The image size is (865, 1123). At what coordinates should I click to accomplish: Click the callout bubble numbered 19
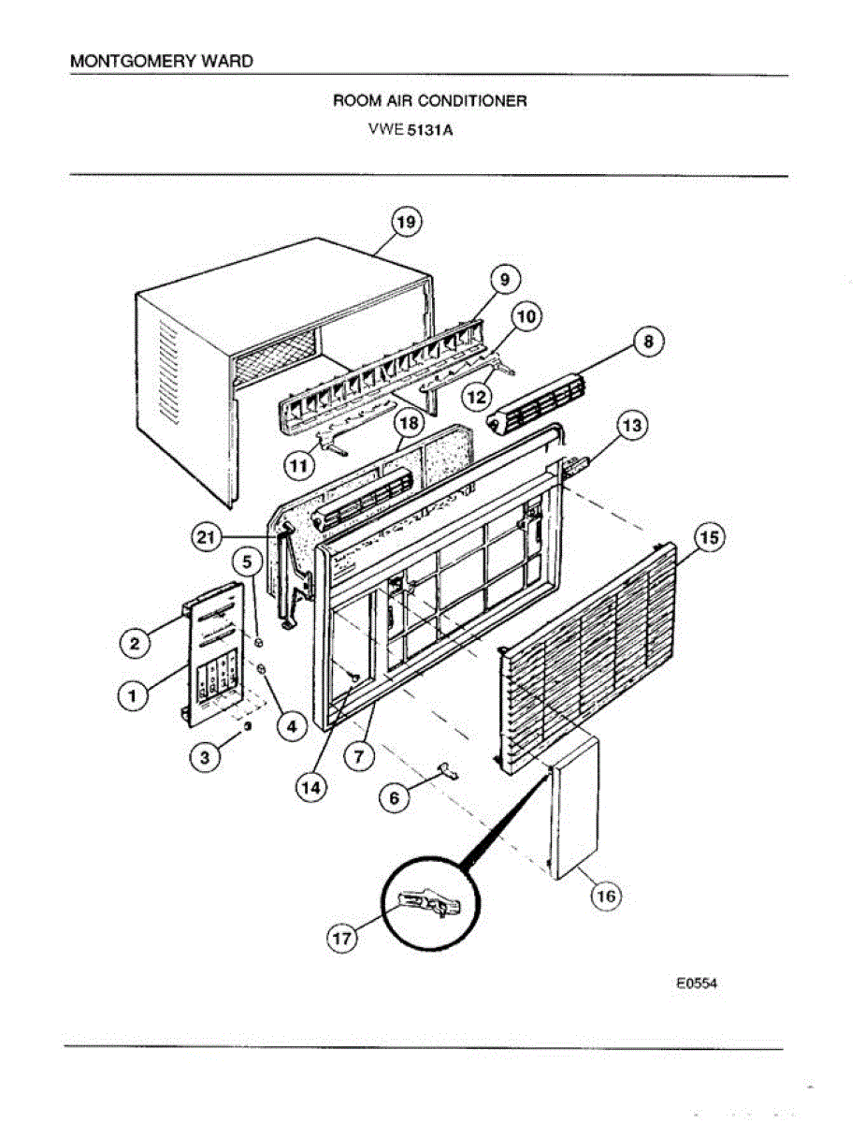click(405, 223)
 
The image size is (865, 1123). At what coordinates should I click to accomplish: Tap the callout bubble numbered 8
click(648, 343)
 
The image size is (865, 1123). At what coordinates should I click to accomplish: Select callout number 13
click(632, 426)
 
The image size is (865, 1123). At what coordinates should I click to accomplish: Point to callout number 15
click(708, 538)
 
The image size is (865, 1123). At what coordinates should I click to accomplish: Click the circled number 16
click(606, 896)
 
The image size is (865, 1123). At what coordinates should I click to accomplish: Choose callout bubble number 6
click(394, 797)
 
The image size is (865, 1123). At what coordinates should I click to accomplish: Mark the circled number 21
click(208, 536)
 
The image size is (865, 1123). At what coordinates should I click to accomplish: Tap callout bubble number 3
click(205, 757)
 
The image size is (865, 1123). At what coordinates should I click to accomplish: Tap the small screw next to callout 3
click(246, 726)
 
